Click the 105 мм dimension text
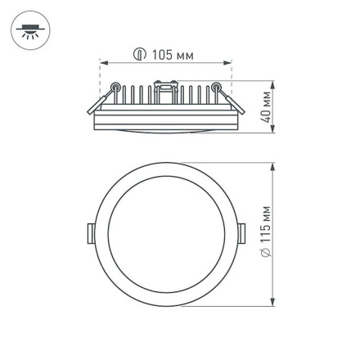tap(173, 56)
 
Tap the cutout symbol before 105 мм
tap(140, 56)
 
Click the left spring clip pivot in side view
tap(115, 88)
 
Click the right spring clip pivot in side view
tap(217, 88)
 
